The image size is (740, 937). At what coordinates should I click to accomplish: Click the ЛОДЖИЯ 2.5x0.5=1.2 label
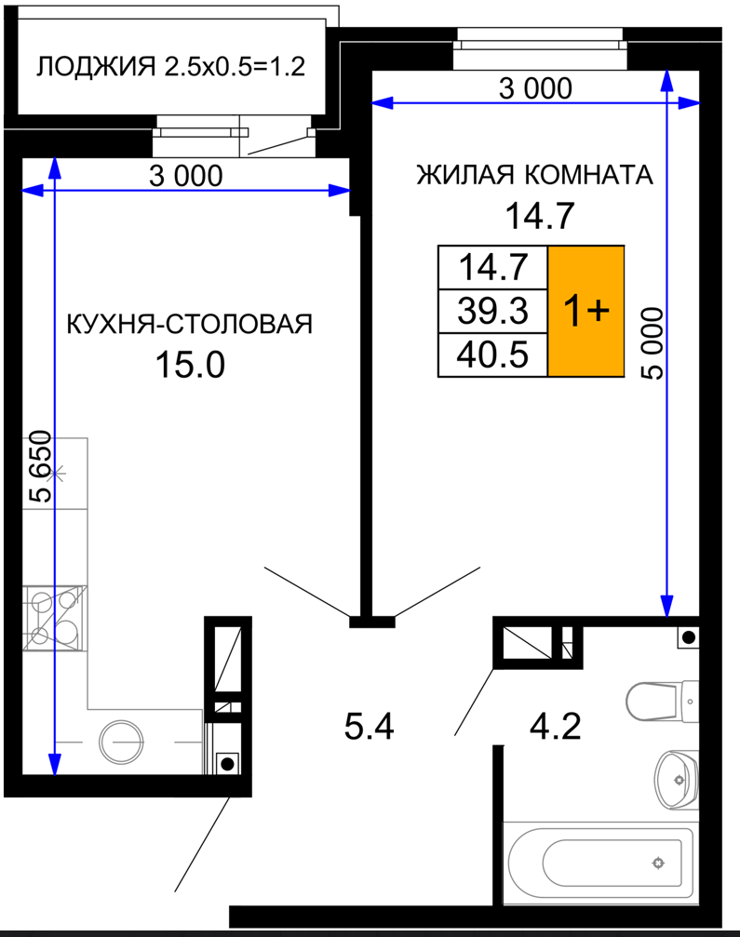(171, 66)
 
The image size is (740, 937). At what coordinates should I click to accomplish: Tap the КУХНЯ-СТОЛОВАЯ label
(190, 324)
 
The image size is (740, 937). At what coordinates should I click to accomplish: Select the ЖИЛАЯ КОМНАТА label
(535, 175)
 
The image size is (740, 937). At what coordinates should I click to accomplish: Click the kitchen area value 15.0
(190, 365)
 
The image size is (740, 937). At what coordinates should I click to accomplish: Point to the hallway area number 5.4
(369, 728)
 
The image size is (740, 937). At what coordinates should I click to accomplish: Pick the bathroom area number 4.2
(556, 727)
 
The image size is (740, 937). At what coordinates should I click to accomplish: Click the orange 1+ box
(586, 311)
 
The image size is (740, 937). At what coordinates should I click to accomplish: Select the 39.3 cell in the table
(493, 312)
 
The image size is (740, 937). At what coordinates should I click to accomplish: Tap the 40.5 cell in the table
(493, 355)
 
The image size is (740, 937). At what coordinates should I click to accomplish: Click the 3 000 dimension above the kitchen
(186, 176)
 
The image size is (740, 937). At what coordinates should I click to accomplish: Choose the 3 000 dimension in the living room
(535, 88)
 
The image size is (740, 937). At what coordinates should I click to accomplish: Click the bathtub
(598, 863)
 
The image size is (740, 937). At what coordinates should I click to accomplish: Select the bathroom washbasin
(676, 780)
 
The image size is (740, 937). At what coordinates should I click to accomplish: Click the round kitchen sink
(121, 742)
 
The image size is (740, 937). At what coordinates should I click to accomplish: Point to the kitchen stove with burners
(54, 618)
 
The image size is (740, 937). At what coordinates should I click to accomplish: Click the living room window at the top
(541, 47)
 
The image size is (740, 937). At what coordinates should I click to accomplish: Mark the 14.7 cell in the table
(493, 268)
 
